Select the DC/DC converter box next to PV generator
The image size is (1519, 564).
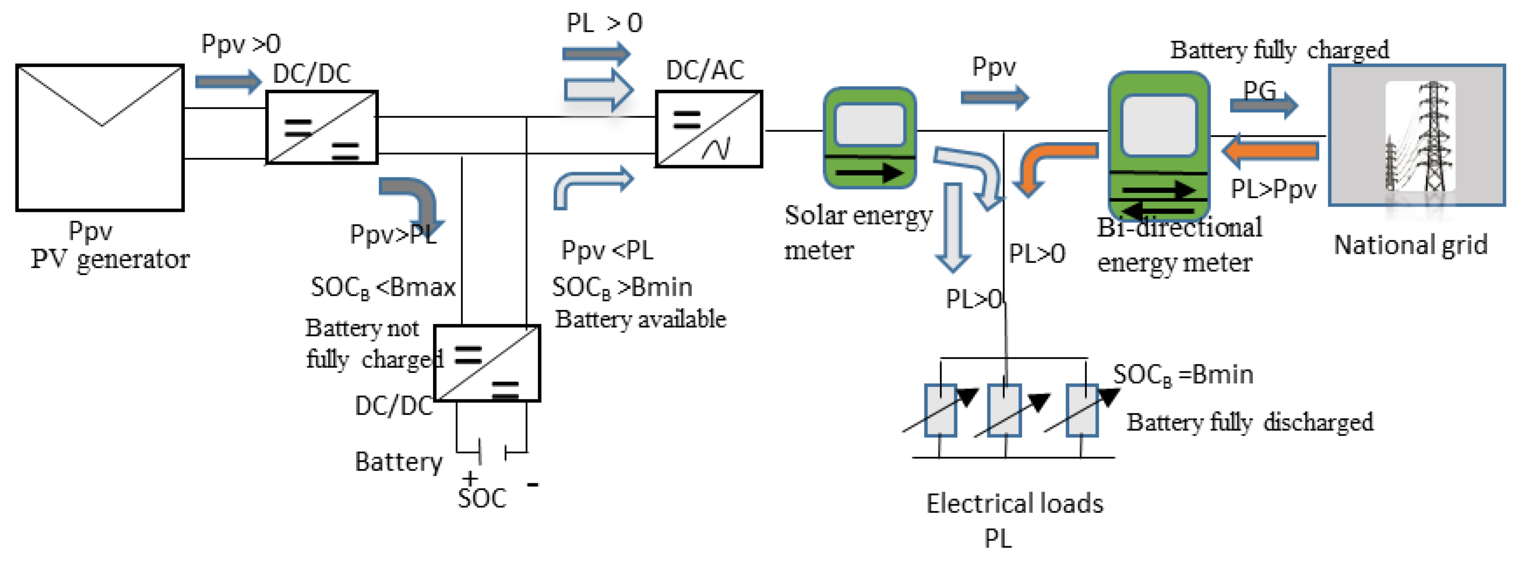click(x=322, y=127)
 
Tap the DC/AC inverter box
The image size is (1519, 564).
click(x=709, y=128)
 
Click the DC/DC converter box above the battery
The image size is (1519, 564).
click(x=487, y=363)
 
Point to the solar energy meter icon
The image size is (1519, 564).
click(x=869, y=138)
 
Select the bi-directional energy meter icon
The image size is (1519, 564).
click(x=1159, y=146)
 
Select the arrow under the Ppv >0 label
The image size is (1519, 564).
click(x=228, y=81)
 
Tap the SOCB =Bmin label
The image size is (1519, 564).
click(x=1182, y=375)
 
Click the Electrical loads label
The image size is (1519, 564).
click(x=1014, y=503)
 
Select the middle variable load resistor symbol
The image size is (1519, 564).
click(x=1004, y=410)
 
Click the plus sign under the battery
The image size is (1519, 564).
click(x=470, y=477)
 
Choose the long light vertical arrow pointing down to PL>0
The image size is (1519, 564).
click(x=952, y=227)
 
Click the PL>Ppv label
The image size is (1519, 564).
click(x=1273, y=189)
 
